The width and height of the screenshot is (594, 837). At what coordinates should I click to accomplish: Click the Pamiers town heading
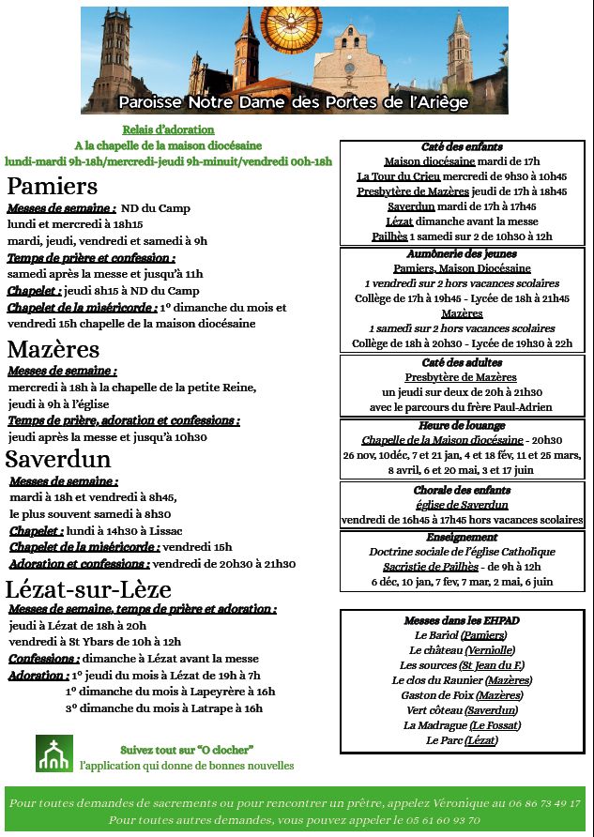click(53, 185)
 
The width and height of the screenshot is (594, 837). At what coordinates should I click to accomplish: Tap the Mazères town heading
click(53, 349)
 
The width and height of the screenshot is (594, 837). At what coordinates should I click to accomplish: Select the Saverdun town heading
click(58, 459)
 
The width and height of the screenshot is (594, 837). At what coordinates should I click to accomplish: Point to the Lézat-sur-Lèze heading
click(88, 588)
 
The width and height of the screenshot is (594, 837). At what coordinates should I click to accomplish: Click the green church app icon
click(53, 753)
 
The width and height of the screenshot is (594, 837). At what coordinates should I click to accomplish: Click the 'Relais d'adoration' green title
click(168, 129)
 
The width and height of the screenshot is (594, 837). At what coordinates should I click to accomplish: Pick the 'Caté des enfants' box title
click(462, 147)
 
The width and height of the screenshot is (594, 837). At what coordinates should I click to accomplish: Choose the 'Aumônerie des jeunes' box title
click(462, 253)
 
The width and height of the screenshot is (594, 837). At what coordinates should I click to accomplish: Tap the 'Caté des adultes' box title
click(462, 362)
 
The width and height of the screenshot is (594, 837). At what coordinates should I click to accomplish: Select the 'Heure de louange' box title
click(462, 425)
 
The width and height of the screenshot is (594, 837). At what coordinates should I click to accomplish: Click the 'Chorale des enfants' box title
click(462, 490)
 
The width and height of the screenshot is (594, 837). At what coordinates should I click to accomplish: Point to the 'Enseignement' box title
click(462, 538)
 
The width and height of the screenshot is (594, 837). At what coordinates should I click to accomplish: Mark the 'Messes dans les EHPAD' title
click(462, 620)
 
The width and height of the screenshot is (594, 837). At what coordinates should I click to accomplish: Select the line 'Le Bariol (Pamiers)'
click(462, 635)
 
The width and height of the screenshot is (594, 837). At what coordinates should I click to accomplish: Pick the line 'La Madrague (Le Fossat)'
click(462, 725)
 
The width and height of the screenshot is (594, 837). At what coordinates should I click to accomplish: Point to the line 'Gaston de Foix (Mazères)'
click(462, 695)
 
